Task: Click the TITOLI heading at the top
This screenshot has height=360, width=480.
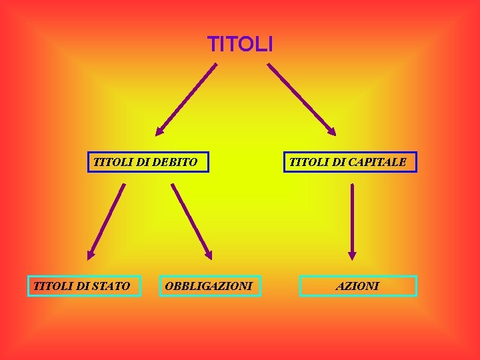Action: coord(240,45)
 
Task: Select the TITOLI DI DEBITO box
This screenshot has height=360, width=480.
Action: coord(148,162)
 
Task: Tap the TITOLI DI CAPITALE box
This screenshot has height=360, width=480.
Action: coord(350,162)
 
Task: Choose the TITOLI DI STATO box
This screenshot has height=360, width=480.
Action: coord(84,286)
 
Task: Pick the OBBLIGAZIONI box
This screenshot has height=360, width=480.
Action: coord(210,286)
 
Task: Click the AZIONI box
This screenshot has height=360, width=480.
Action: coord(358,286)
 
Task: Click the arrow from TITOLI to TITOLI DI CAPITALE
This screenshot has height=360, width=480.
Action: coord(301,99)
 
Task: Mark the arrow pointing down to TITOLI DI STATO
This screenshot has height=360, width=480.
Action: coord(107,221)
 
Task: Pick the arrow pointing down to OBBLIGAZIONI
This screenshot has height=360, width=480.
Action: coord(191,221)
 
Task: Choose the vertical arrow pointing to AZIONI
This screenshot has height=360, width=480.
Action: coord(352,220)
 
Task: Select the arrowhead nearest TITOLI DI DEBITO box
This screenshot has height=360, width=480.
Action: coord(159,132)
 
